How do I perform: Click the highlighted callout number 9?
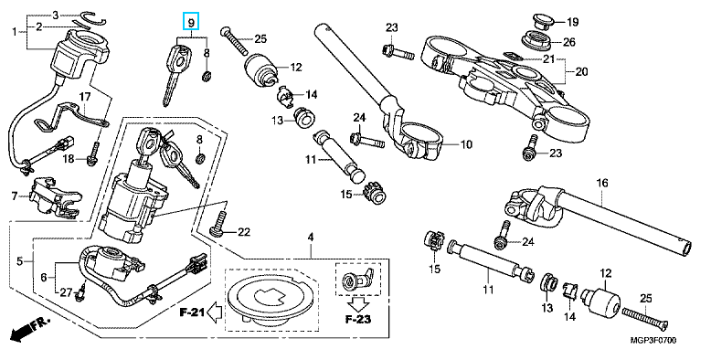(191, 21)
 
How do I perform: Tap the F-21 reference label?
(192, 312)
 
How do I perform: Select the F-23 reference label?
(357, 320)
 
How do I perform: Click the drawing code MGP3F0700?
(653, 340)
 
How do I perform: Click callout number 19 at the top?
(573, 21)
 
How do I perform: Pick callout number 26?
(569, 43)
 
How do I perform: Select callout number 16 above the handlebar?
(601, 183)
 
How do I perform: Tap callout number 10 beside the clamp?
(466, 144)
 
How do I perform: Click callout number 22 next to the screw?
(243, 233)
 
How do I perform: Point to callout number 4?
(311, 238)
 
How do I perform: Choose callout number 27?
(66, 293)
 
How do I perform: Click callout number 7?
(15, 196)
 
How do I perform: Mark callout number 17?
(85, 97)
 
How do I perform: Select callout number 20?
(581, 71)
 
